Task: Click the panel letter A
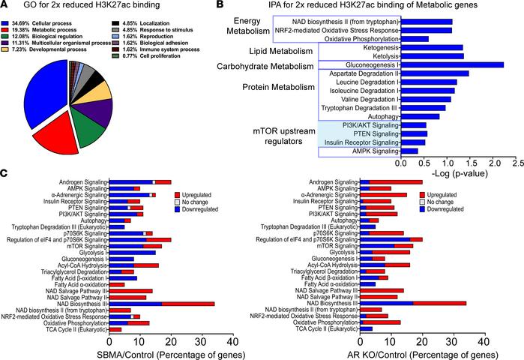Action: pos(5,6)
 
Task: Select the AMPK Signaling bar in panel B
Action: pos(409,151)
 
